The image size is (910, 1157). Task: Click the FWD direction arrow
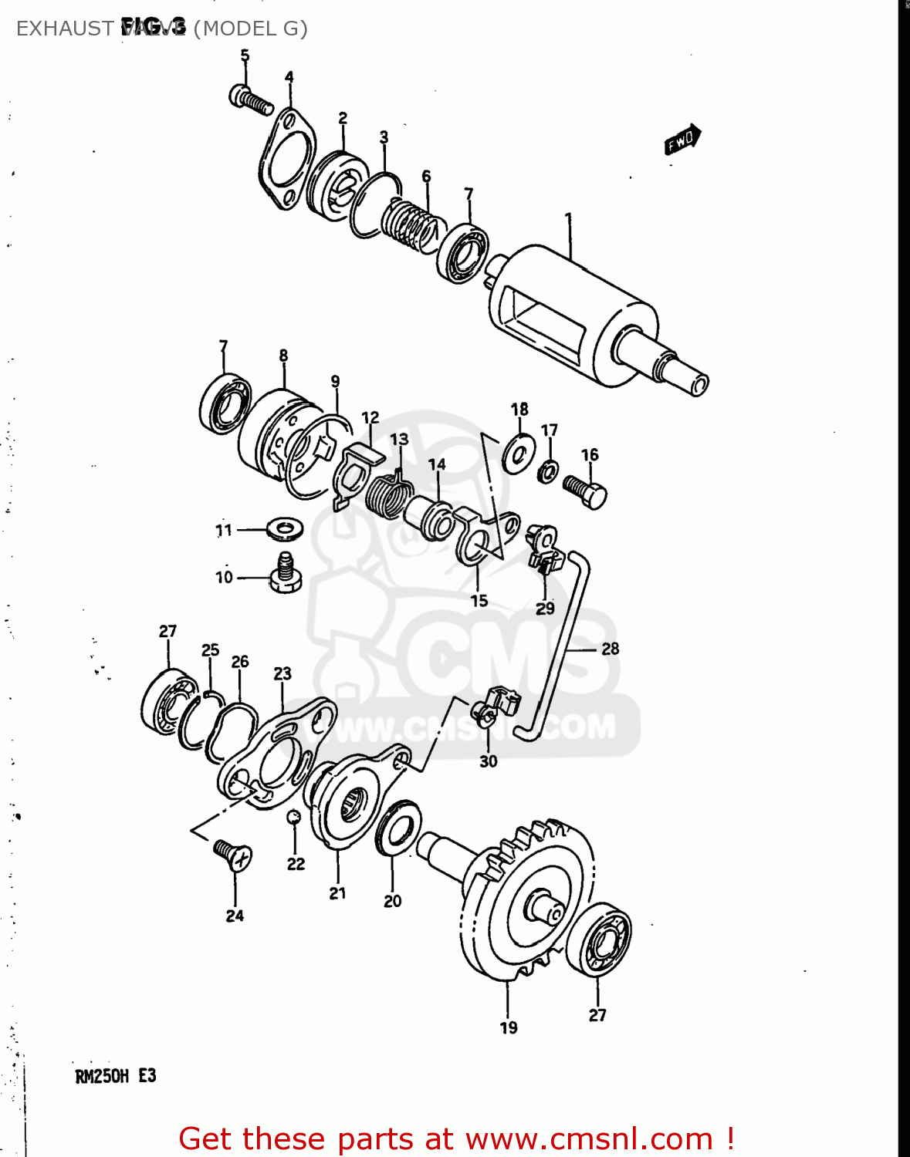coord(682,140)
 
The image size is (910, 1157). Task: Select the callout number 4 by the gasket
coord(289,76)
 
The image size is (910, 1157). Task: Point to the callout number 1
coord(569,218)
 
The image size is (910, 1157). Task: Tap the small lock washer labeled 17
coord(548,470)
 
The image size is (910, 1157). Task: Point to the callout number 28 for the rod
coord(610,649)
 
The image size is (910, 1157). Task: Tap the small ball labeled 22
coord(294,818)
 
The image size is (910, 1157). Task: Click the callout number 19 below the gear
coord(508,1027)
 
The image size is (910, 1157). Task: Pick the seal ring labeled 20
coord(398,828)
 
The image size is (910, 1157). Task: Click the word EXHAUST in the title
coord(65,29)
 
